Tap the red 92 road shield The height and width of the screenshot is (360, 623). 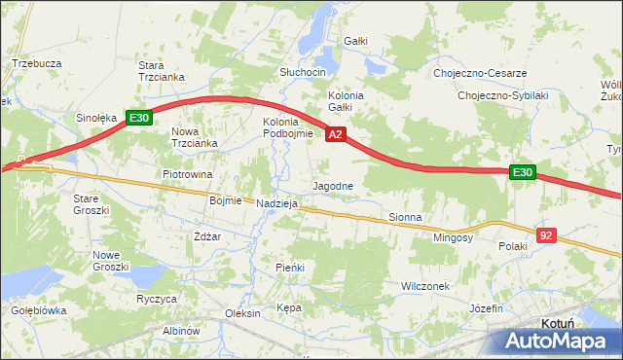click(546, 235)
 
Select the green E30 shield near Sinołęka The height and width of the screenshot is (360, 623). click(138, 119)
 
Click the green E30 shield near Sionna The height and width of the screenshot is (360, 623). click(523, 172)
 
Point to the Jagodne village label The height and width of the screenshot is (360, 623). click(338, 185)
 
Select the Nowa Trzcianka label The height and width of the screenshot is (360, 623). click(194, 137)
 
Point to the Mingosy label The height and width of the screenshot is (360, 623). click(453, 236)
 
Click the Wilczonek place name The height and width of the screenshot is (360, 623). click(425, 286)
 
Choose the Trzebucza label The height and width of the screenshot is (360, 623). click(37, 63)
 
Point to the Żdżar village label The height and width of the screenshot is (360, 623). click(206, 236)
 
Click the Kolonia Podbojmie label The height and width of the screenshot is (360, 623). click(287, 127)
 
